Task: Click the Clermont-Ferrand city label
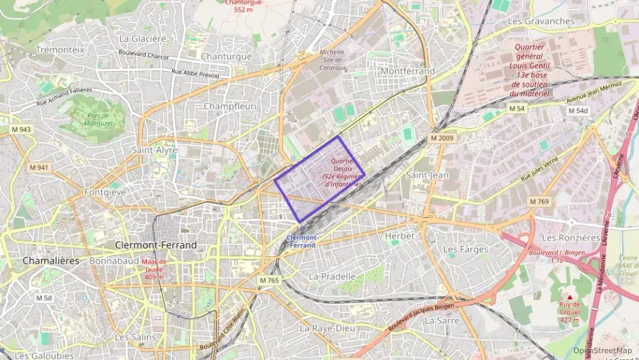(156, 245)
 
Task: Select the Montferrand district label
(408, 71)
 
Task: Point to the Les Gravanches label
(541, 21)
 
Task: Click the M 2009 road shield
(442, 138)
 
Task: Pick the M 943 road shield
(20, 129)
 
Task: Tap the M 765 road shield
(270, 280)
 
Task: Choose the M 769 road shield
(539, 201)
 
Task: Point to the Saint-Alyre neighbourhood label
(155, 150)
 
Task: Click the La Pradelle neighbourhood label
(332, 276)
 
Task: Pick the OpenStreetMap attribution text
(602, 350)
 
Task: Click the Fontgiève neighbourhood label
(105, 193)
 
